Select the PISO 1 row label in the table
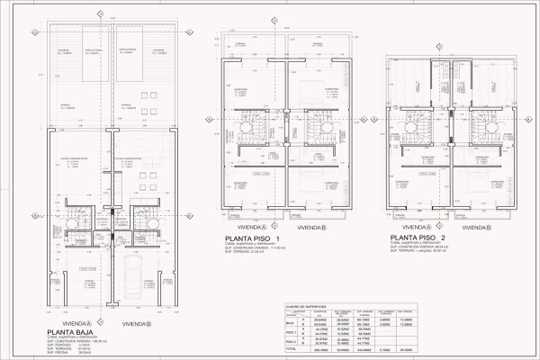tap(291, 331)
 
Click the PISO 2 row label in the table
tap(291, 341)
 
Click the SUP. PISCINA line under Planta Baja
tap(67, 354)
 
